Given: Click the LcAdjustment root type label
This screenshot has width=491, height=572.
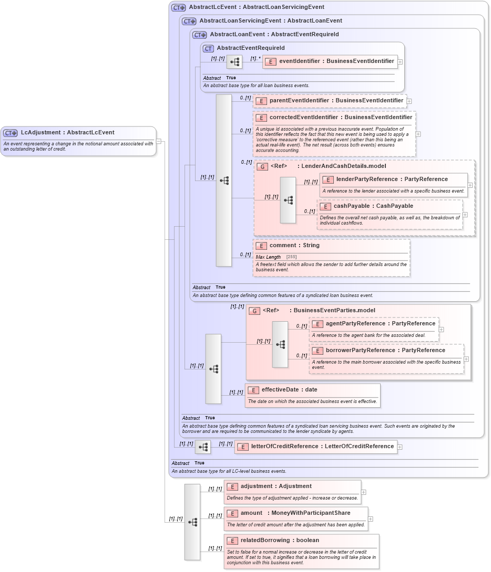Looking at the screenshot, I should click(x=67, y=133).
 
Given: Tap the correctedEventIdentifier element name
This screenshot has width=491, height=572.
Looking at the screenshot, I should click(x=341, y=118).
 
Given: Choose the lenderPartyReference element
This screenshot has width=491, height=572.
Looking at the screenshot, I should click(x=392, y=179).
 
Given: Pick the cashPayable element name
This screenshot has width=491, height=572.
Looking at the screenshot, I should click(x=373, y=206).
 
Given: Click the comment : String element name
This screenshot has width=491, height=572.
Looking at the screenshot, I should click(x=294, y=246).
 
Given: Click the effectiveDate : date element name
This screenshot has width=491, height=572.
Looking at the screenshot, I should click(x=289, y=390).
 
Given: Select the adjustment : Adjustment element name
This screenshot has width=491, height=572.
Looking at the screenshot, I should click(x=276, y=486).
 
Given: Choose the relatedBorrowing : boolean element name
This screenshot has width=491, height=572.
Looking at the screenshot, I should click(x=280, y=541).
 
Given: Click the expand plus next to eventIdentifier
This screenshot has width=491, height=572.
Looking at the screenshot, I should click(x=400, y=62).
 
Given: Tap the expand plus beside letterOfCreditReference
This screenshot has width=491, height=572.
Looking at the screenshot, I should click(x=400, y=447).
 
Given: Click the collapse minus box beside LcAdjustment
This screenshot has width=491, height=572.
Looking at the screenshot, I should click(x=159, y=141).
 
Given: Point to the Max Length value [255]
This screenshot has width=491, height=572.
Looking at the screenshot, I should click(x=291, y=257).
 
